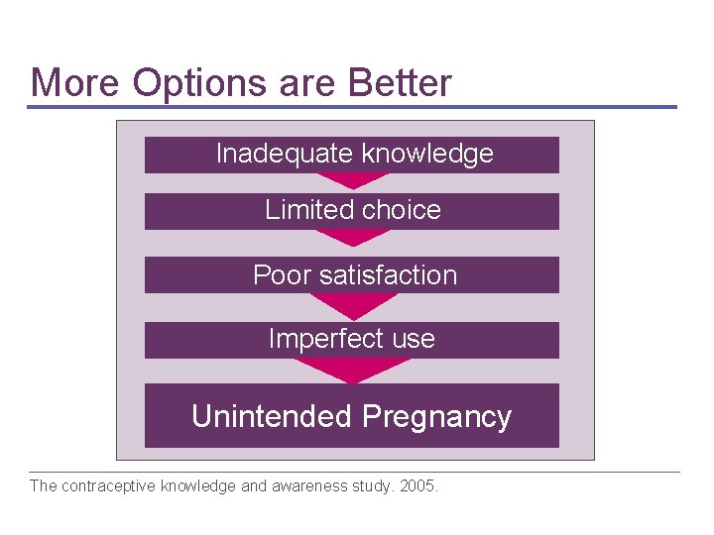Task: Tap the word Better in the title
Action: pyautogui.click(x=399, y=82)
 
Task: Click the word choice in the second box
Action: pyautogui.click(x=402, y=210)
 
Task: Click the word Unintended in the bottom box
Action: pyautogui.click(x=272, y=416)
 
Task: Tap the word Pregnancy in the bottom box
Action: pyautogui.click(x=436, y=416)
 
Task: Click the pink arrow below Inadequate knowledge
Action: pyautogui.click(x=352, y=181)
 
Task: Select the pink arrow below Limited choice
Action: pyautogui.click(x=352, y=238)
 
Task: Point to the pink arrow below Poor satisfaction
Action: pyautogui.click(x=352, y=304)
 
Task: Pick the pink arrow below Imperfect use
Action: pyautogui.click(x=352, y=370)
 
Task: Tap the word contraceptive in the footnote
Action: pyautogui.click(x=109, y=486)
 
